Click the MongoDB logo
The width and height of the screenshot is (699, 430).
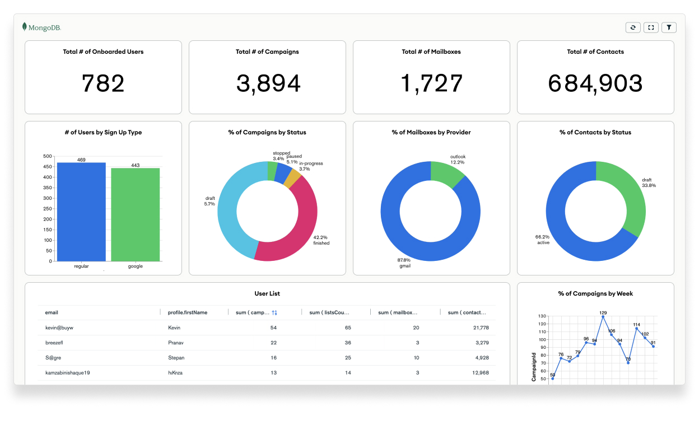click(x=41, y=27)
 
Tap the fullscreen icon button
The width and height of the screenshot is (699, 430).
click(x=651, y=27)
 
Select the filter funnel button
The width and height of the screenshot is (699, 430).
click(x=669, y=27)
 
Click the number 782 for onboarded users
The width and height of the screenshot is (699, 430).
click(x=103, y=83)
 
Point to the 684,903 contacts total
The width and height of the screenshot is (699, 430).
click(x=595, y=83)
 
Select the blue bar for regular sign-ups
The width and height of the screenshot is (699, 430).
click(x=81, y=212)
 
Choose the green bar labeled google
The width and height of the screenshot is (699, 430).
click(x=136, y=214)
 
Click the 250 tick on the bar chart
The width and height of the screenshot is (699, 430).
click(x=48, y=208)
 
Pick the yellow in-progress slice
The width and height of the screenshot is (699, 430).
click(x=292, y=179)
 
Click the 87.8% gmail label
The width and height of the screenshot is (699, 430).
click(x=404, y=263)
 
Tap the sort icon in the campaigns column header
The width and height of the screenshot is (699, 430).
click(x=274, y=312)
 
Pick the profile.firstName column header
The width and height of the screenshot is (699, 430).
click(x=188, y=312)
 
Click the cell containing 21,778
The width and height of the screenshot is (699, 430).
click(x=481, y=328)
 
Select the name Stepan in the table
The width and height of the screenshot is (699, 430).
click(x=176, y=358)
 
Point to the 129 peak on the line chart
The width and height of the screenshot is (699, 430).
click(x=603, y=316)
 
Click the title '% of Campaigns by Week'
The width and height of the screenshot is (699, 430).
click(x=595, y=293)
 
